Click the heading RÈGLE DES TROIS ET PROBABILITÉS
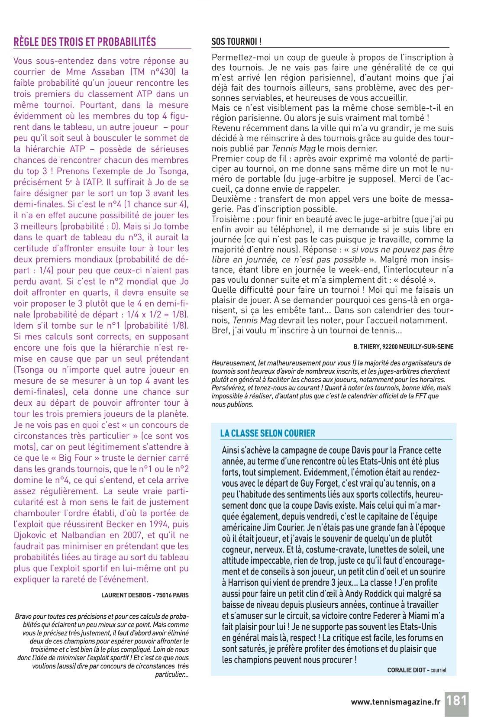85,42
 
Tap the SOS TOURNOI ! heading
236,42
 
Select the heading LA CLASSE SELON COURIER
268,433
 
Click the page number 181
457,700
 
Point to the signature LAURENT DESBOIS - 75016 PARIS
145,595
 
